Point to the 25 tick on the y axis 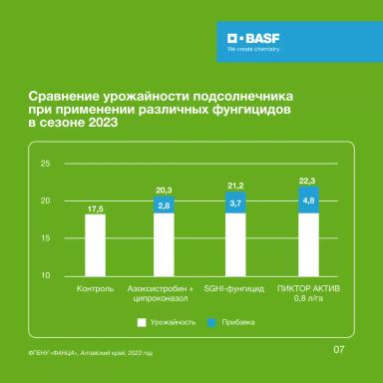(x=45, y=163)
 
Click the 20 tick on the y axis (x=45, y=200)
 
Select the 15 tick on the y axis (x=45, y=238)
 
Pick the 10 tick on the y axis (x=45, y=276)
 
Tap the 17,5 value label (x=95, y=207)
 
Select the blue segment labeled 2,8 (x=165, y=204)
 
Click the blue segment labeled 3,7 (x=235, y=201)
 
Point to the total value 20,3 (x=165, y=189)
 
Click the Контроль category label (x=95, y=288)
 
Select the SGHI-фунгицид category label (x=235, y=288)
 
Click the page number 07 (x=338, y=349)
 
